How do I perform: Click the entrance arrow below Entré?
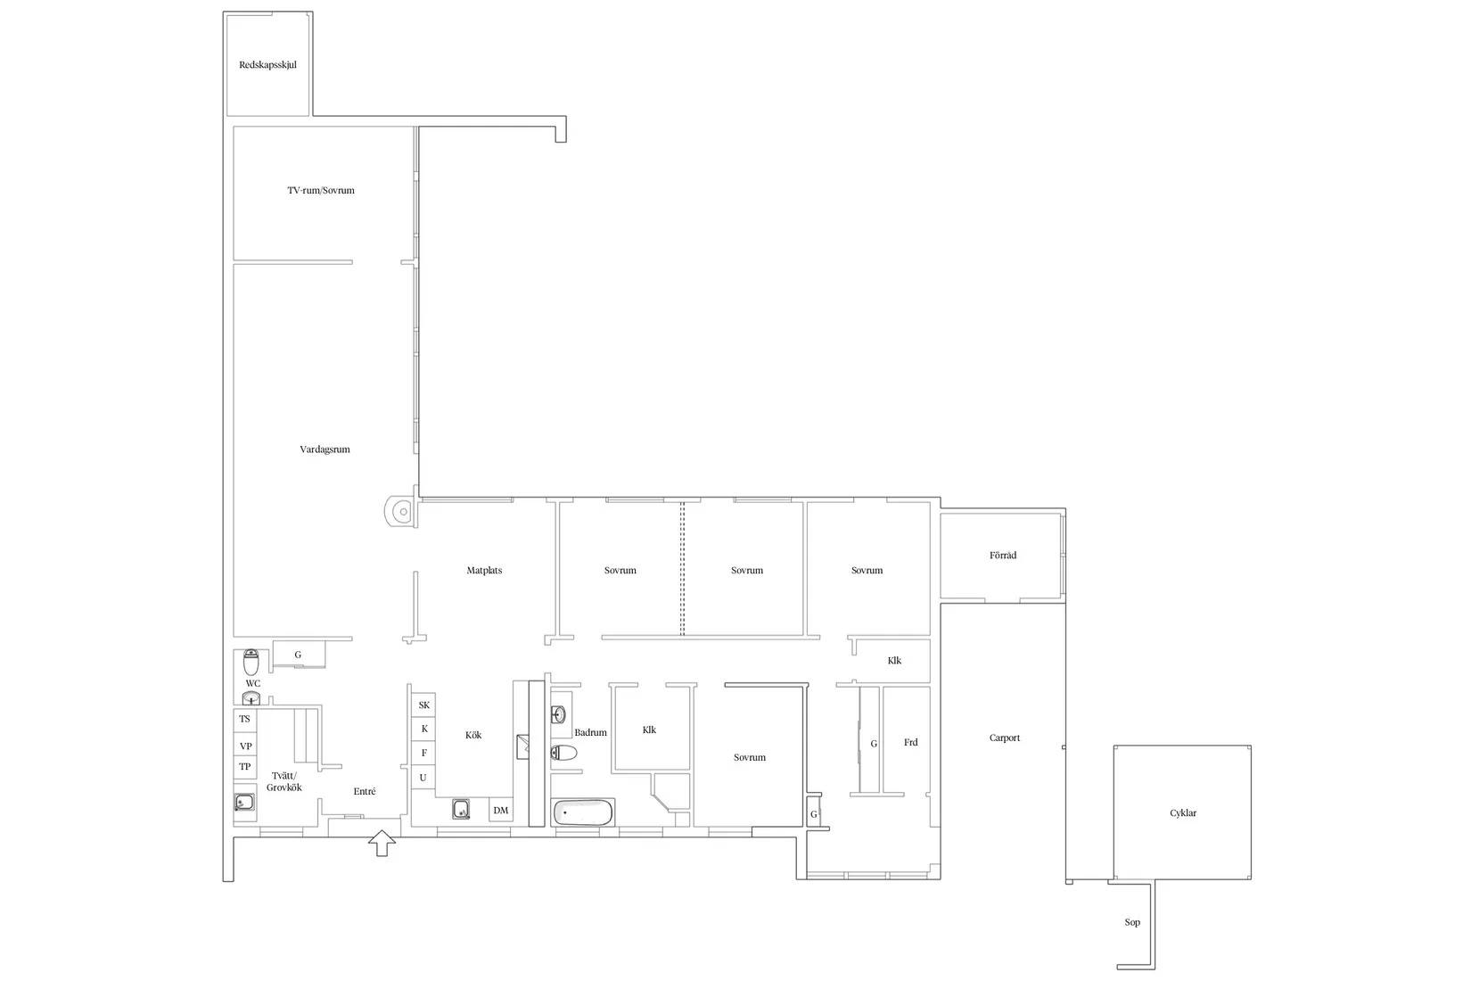(x=382, y=843)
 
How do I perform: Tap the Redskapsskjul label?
(x=268, y=65)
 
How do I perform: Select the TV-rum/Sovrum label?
(x=320, y=191)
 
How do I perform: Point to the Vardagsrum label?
(x=325, y=449)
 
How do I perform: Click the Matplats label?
(x=484, y=571)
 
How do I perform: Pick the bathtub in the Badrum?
(x=582, y=812)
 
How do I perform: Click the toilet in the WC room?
(x=251, y=663)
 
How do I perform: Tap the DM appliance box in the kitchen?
(x=500, y=810)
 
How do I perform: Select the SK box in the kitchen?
(x=423, y=705)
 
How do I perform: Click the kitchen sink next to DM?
(x=461, y=810)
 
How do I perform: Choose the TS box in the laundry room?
(x=244, y=720)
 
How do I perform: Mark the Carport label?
(x=1005, y=738)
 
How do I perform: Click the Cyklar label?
(x=1183, y=812)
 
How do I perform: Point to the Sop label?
(x=1132, y=922)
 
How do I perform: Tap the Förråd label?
(x=1003, y=556)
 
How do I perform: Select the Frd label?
(x=911, y=743)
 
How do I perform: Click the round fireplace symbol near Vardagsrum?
(x=400, y=512)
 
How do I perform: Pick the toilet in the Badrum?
(x=563, y=753)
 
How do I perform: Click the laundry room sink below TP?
(x=244, y=803)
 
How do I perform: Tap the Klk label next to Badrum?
(x=649, y=730)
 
